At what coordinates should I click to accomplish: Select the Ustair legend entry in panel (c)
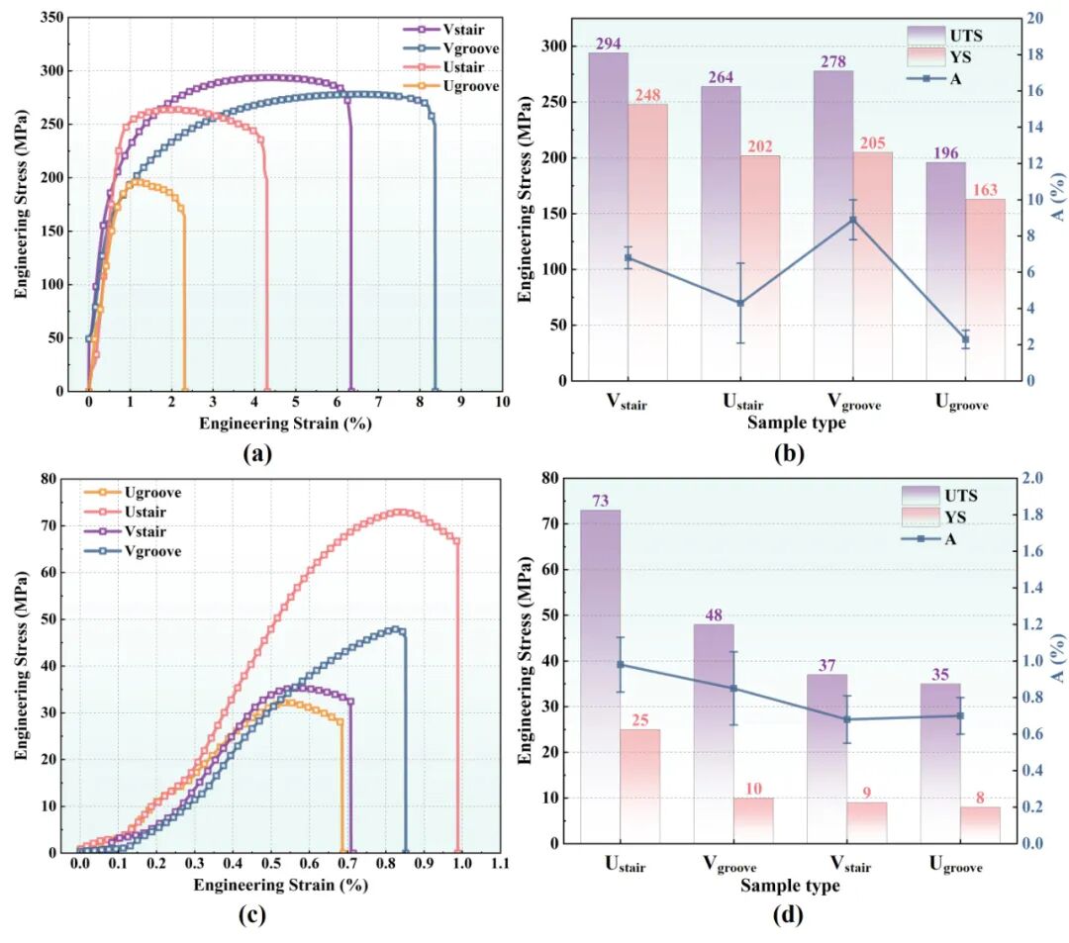coord(146,512)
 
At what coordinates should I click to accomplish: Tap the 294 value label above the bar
coord(608,44)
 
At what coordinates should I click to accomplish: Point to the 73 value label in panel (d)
coord(600,501)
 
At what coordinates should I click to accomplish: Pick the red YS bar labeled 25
coord(640,786)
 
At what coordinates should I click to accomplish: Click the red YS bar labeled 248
coord(647,241)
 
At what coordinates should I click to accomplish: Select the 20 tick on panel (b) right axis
coord(1033,19)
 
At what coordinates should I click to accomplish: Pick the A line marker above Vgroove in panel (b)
coord(852,220)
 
